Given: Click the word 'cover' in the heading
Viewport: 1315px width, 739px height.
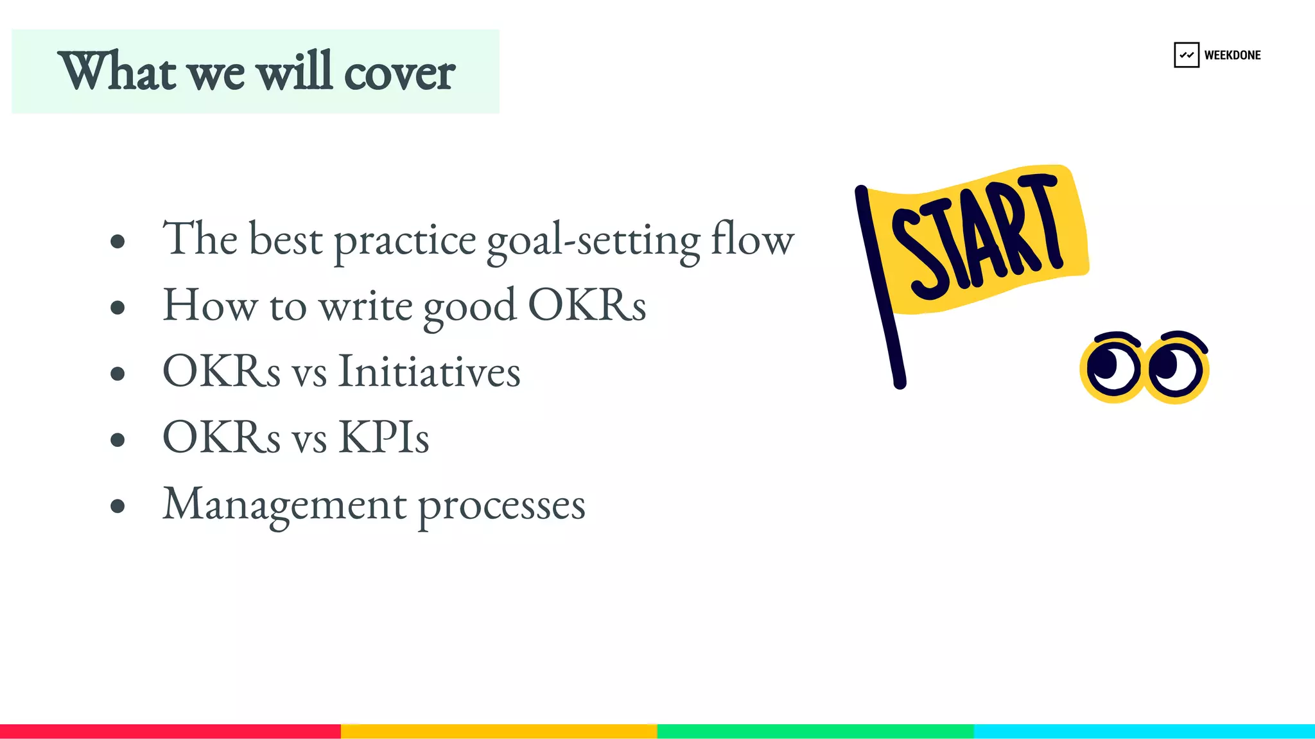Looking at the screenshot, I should pyautogui.click(x=399, y=73).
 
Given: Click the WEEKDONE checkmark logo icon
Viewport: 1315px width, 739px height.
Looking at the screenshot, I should pyautogui.click(x=1186, y=55).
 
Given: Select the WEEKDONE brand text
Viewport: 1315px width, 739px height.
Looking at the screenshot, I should pyautogui.click(x=1232, y=55).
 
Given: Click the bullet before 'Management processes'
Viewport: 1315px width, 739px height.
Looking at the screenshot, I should pyautogui.click(x=118, y=506).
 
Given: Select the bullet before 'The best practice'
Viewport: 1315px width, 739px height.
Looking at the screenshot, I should pyautogui.click(x=118, y=241).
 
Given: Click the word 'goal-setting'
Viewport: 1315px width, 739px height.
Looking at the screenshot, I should pyautogui.click(x=593, y=241).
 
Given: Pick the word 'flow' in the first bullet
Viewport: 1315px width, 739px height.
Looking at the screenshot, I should pyautogui.click(x=753, y=239).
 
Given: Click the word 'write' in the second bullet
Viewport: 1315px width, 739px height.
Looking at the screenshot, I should pyautogui.click(x=366, y=306).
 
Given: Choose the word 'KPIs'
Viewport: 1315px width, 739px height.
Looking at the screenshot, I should pyautogui.click(x=383, y=437).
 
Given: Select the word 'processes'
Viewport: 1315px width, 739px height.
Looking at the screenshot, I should pyautogui.click(x=501, y=506).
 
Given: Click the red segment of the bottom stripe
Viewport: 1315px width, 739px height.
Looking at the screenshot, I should pyautogui.click(x=170, y=731).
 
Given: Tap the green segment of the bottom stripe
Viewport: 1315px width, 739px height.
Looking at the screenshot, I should pyautogui.click(x=815, y=731).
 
